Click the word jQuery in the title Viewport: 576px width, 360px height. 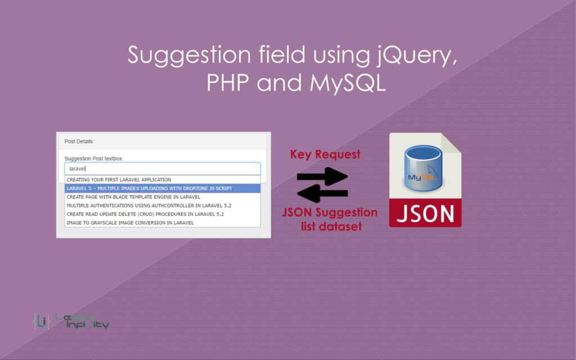[417, 56]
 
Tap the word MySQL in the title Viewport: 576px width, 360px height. [348, 83]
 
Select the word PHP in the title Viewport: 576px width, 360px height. [228, 83]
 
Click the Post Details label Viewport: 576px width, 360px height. [79, 141]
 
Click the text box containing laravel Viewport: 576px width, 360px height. [163, 169]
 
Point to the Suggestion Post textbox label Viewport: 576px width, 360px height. [94, 159]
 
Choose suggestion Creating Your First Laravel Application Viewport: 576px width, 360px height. [119, 179]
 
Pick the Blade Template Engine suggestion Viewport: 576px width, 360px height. [133, 197]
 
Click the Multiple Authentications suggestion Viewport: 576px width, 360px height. [148, 206]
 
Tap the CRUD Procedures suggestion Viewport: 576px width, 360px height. [145, 214]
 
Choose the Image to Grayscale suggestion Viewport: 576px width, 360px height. [130, 223]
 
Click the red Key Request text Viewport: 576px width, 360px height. [325, 155]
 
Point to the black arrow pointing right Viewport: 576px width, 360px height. [322, 176]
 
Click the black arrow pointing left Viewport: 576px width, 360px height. [322, 193]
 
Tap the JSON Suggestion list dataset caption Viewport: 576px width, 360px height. [330, 219]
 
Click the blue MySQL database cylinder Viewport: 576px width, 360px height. [423, 168]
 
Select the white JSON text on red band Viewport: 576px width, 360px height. [425, 213]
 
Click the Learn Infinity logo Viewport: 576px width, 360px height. [71, 321]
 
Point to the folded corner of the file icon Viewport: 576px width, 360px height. [452, 143]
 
